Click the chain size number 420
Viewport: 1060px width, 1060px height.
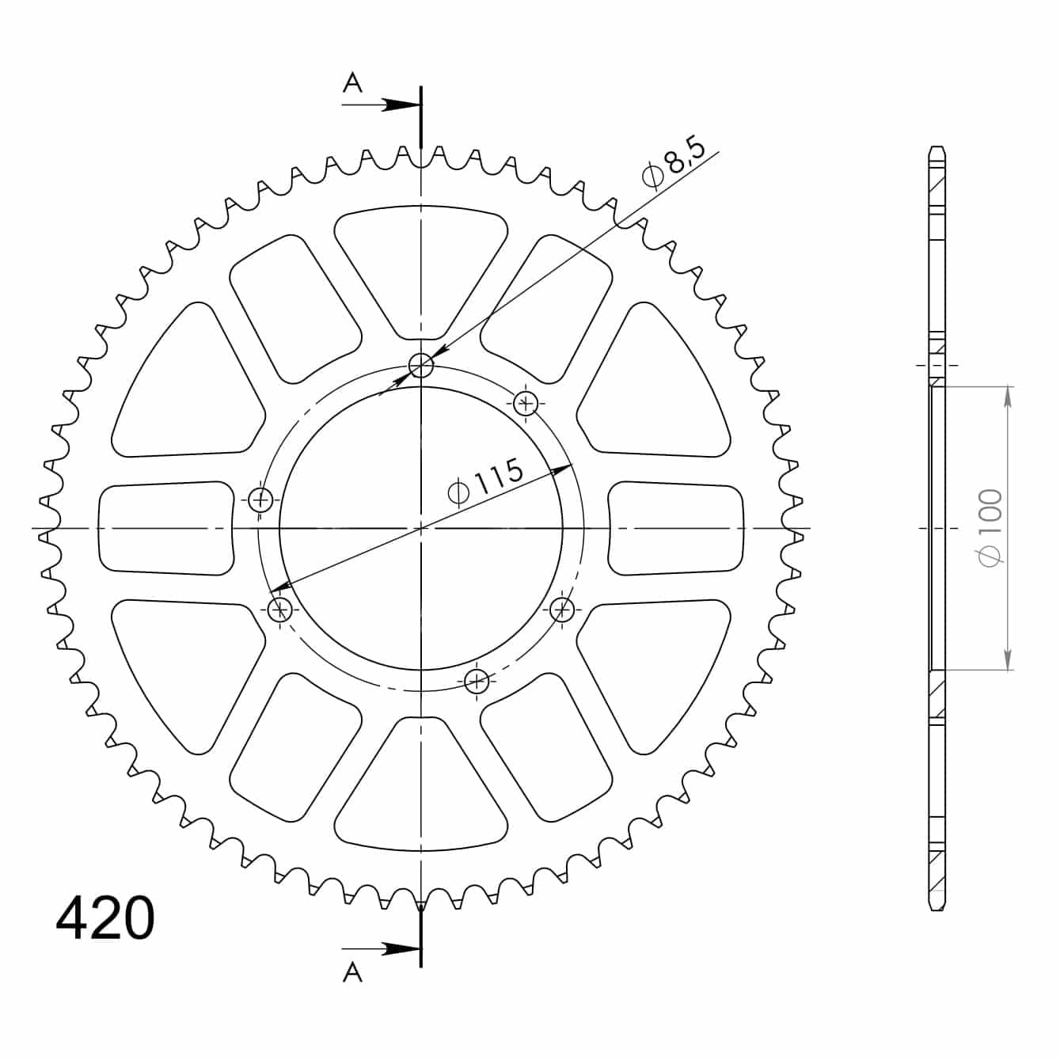[105, 918]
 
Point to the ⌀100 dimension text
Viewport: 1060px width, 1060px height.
[990, 528]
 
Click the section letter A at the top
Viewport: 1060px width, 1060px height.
[352, 83]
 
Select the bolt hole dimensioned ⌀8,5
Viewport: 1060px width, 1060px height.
[421, 365]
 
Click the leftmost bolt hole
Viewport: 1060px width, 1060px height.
[260, 500]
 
